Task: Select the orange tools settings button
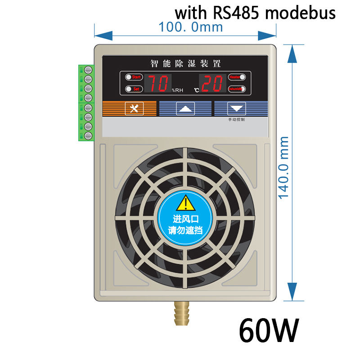tap(134, 108)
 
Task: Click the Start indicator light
tap(128, 77)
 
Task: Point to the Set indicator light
tap(128, 89)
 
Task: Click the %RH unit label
tap(177, 90)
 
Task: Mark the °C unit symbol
tap(196, 90)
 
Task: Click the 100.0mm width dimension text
tap(190, 27)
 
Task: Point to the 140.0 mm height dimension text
tap(284, 168)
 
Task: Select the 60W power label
tap(269, 331)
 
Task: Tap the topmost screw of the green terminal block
tap(88, 70)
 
